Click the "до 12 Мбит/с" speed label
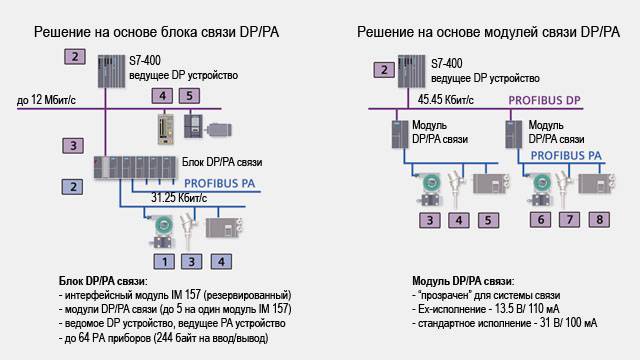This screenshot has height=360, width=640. pos(46,100)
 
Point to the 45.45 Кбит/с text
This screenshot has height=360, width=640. pos(446,100)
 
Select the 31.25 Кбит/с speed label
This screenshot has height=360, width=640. pos(179,198)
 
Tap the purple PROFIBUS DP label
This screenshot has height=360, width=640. pos(544,100)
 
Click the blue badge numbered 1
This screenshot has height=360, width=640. pos(164,262)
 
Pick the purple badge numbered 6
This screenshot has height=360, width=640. pos(540,220)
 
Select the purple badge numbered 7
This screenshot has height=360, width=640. pos(569,220)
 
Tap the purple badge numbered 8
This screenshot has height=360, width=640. pos(599,220)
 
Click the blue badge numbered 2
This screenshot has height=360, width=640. pos(73,187)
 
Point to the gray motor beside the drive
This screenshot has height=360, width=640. pos(220,130)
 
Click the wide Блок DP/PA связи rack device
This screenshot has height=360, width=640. pos(135,167)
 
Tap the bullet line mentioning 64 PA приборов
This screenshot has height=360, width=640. pos(164,338)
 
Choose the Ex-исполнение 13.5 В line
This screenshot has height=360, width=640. pos(486,309)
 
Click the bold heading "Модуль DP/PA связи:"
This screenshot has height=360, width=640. pos(463,281)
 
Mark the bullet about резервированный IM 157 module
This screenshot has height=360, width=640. pos(175,295)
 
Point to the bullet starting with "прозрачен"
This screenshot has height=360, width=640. pos(486,295)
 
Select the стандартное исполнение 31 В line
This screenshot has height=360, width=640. pos(504,323)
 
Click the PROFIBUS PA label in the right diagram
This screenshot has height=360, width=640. pos(566,156)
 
